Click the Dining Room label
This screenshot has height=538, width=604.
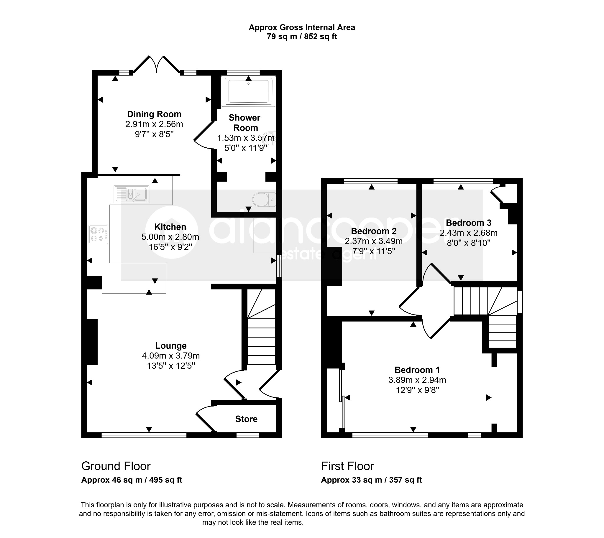[x=154, y=114]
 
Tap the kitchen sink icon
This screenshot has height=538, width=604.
[x=131, y=194]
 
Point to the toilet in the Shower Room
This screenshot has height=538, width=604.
[x=264, y=200]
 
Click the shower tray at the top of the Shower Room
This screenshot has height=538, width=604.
[x=248, y=91]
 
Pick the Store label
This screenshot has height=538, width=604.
[x=246, y=419]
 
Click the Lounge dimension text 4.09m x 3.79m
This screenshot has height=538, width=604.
[x=171, y=356]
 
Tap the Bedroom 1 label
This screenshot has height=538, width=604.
[x=417, y=370]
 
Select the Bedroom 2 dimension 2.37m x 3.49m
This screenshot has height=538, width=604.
[x=374, y=241]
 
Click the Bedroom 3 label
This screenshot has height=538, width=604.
[x=469, y=223]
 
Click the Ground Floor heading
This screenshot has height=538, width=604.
[x=116, y=466]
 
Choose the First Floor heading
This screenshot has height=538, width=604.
[x=347, y=466]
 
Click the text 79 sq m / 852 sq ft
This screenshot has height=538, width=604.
[x=302, y=37]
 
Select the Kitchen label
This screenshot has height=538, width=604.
[x=170, y=227]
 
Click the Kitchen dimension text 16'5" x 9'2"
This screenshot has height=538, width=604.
[x=170, y=247]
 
